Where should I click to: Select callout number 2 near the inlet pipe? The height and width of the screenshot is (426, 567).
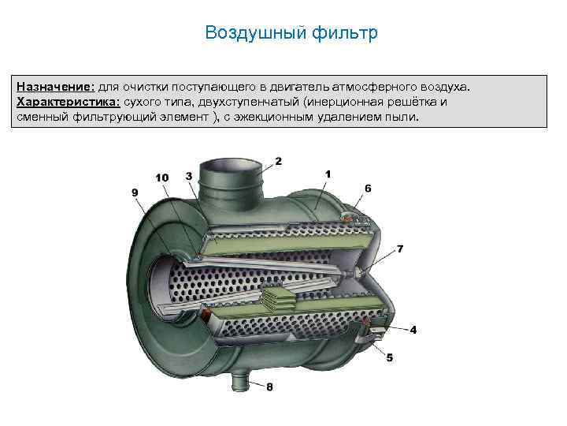click(x=278, y=161)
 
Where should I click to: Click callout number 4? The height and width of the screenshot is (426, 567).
click(x=413, y=329)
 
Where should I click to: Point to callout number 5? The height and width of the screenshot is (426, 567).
click(x=389, y=357)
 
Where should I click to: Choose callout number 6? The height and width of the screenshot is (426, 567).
click(x=368, y=189)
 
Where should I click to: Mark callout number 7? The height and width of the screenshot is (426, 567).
click(x=400, y=249)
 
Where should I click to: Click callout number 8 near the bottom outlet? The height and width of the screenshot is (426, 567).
click(x=270, y=387)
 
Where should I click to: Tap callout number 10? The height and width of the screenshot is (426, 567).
click(x=161, y=177)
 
